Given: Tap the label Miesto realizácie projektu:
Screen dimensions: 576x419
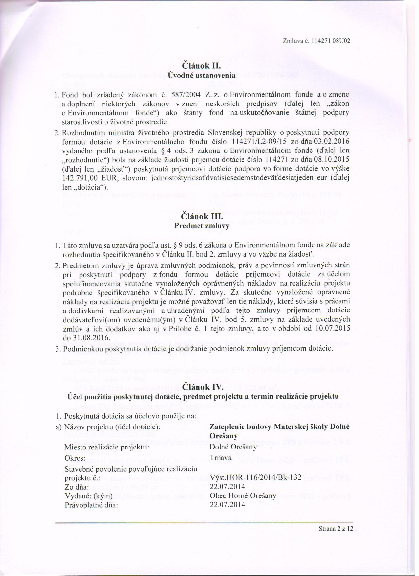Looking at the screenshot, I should coord(107,448).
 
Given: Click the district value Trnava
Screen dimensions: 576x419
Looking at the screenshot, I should coord(221,458).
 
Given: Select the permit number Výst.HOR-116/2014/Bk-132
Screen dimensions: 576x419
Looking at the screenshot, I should coord(255,478).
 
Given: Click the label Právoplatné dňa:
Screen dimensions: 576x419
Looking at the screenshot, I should coord(91,505).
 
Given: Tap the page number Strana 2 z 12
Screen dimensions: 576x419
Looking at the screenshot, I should coord(336,529).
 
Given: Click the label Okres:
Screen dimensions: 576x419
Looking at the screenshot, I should coord(75,458).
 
